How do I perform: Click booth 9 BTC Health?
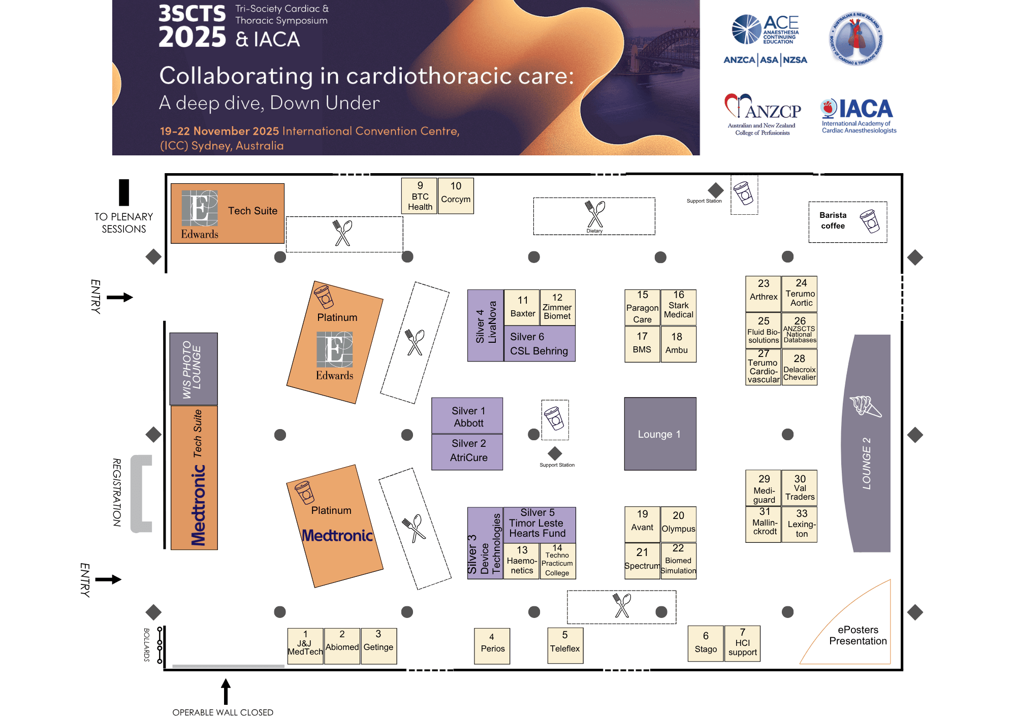[x=419, y=196]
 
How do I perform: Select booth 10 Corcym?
[x=456, y=196]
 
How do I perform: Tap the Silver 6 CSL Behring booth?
[x=539, y=344]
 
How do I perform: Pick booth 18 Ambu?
[x=678, y=344]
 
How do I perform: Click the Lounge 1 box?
[x=660, y=434]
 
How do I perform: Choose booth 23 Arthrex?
[x=763, y=294]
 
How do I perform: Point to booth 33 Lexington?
[x=800, y=524]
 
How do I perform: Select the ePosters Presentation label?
[x=858, y=635]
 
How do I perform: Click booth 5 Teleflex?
[x=565, y=645]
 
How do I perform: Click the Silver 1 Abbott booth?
[x=467, y=416]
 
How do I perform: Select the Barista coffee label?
[x=833, y=221]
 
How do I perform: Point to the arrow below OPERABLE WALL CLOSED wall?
[x=226, y=691]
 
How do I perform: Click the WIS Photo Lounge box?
[x=193, y=369]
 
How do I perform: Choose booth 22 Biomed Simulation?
[x=678, y=561]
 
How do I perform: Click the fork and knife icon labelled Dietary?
[x=594, y=215]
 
